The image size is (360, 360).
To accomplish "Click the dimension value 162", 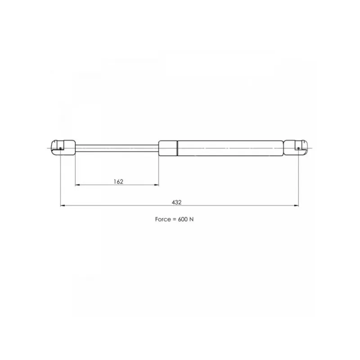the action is [118, 182].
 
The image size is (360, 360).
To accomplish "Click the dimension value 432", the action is [176, 202].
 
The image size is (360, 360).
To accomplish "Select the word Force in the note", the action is [162, 219].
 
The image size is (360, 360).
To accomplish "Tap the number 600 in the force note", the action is [183, 219].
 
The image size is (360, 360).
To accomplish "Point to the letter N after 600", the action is [192, 219].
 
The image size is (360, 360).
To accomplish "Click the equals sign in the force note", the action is [174, 220].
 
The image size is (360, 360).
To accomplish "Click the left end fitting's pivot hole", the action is [60, 148].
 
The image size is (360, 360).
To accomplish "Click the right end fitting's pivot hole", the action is [298, 148].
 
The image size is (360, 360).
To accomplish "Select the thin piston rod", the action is [117, 148].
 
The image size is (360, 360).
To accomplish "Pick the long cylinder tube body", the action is [230, 148].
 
